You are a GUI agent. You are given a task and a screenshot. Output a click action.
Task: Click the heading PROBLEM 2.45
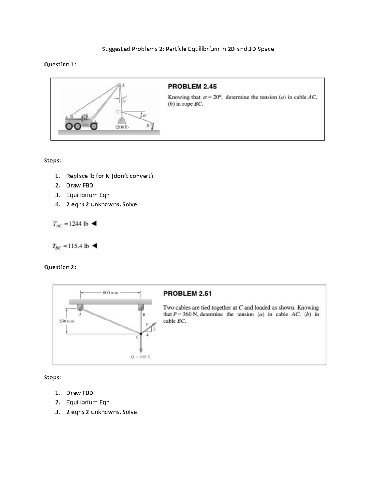click(192, 87)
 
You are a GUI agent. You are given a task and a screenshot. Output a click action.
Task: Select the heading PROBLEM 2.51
click(187, 294)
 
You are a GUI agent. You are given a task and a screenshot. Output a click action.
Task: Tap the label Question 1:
click(60, 65)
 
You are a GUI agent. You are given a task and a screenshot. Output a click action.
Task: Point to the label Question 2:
click(60, 267)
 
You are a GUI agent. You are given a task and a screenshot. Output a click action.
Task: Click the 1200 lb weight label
click(122, 127)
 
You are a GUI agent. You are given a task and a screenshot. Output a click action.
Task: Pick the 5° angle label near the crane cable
click(124, 101)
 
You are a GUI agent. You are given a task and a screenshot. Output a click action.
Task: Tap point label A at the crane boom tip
click(123, 85)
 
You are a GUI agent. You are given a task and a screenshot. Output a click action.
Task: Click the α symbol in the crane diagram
click(144, 115)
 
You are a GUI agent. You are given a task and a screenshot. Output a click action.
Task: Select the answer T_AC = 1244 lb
click(71, 224)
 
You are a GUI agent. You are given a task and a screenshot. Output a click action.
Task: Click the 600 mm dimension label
click(110, 293)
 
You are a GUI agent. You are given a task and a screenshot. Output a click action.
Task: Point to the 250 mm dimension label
click(66, 321)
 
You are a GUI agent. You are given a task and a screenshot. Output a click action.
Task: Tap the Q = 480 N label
click(140, 357)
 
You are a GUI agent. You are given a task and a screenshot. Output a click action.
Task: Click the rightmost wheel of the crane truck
click(94, 126)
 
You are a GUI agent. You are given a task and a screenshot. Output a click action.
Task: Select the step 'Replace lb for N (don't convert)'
click(109, 176)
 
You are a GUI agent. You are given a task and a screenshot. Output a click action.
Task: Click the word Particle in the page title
click(176, 49)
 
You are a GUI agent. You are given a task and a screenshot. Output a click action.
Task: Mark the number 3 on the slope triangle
click(154, 329)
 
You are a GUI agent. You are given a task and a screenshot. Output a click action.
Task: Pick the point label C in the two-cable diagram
click(137, 337)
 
